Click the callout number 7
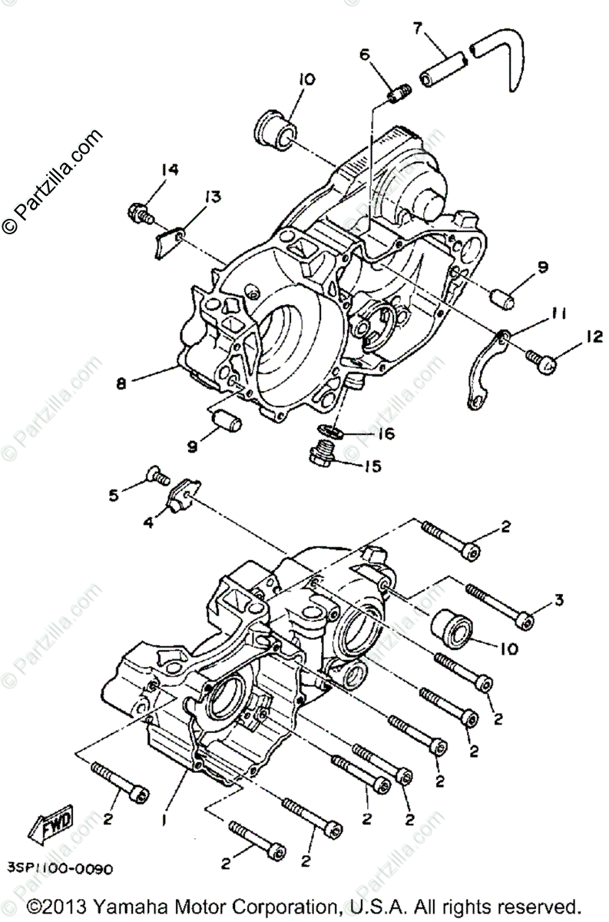pos(418,29)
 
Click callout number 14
pos(170,171)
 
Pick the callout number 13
pos(212,197)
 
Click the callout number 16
pos(385,434)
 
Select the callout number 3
pos(558,600)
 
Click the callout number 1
pos(164,820)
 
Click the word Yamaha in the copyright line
pos(144,904)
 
